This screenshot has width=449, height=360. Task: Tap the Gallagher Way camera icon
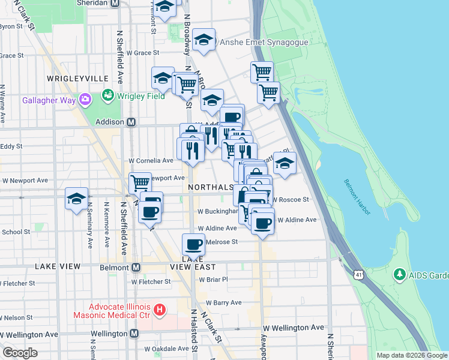[85, 99]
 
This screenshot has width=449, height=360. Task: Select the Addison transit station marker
[130, 122]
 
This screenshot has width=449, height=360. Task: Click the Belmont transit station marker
[136, 267]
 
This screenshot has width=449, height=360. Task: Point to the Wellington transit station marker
[134, 334]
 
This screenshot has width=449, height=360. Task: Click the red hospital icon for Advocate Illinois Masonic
[160, 310]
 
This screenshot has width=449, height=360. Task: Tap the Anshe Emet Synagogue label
[264, 43]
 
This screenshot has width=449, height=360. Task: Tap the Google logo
[20, 352]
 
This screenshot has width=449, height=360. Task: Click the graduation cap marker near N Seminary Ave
[77, 198]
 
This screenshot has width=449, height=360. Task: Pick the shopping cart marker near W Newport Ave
[140, 182]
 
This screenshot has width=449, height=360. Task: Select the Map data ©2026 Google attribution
[412, 355]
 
